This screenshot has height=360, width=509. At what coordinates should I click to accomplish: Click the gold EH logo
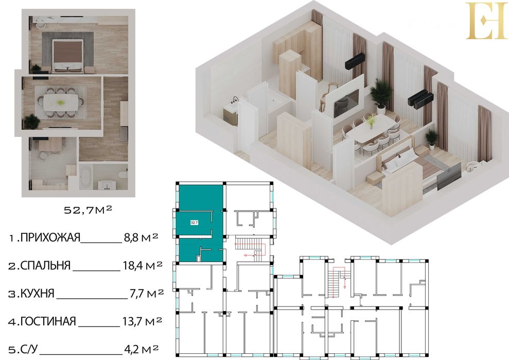pos(486,21)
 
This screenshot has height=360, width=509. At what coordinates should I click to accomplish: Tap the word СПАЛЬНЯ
pos(46,266)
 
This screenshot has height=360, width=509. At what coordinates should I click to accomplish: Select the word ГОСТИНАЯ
pos(49,322)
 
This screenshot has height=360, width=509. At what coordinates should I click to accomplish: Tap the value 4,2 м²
pos(141,349)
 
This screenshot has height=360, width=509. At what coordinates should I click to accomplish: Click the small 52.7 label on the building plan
pos(194,223)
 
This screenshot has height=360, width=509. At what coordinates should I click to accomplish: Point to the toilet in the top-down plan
pos(121,174)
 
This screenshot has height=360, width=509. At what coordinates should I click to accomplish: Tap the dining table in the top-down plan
pos(62,101)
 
